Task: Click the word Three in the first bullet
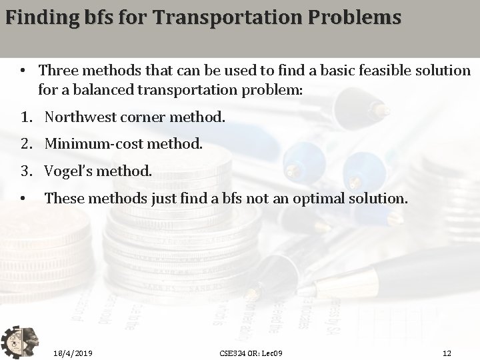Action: (x=57, y=70)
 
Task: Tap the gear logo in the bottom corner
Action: (x=20, y=339)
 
